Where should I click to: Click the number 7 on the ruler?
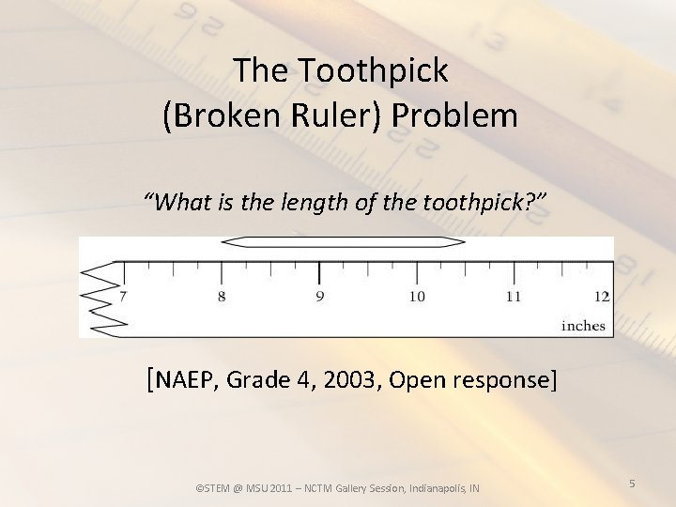click(122, 297)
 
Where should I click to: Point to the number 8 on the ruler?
click(222, 297)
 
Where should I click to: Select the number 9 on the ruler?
click(319, 297)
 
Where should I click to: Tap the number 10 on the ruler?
click(417, 297)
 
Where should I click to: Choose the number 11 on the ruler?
click(514, 297)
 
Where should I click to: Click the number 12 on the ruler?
click(602, 297)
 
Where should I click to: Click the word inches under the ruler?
click(583, 326)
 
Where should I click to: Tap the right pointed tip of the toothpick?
click(463, 242)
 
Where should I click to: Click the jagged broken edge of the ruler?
click(99, 299)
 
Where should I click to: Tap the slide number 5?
click(632, 484)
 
